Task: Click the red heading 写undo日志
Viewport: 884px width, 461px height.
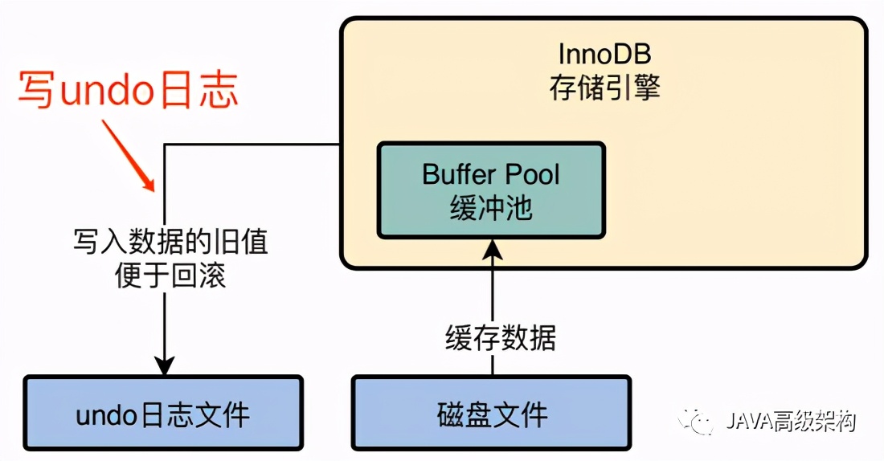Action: coord(129,90)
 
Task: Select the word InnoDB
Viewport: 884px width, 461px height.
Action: coord(604,54)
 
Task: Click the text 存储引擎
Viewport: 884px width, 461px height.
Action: coord(604,87)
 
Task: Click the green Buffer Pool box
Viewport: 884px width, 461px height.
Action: coord(491,190)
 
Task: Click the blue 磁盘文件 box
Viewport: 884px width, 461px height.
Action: coord(492,414)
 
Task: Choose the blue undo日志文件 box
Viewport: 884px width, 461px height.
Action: coord(163,414)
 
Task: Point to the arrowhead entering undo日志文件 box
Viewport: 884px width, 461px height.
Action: coord(164,365)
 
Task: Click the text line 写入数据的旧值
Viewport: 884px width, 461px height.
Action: coord(170,242)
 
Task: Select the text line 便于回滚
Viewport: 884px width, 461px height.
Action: coord(170,275)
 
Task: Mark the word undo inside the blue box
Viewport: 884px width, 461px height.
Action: coord(108,415)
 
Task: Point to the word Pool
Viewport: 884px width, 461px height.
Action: coord(531,174)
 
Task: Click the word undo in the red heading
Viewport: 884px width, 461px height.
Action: coord(108,91)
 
